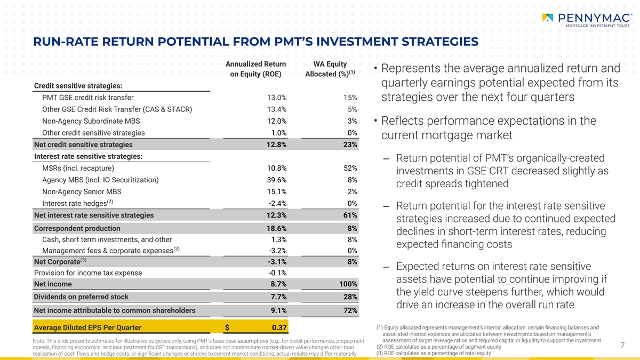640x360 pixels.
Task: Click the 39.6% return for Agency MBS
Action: point(277,180)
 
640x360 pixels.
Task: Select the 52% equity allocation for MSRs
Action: point(350,169)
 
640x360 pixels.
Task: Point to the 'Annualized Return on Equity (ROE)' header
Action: point(255,69)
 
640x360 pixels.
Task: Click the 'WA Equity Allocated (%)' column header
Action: point(330,69)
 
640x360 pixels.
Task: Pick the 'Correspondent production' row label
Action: point(77,228)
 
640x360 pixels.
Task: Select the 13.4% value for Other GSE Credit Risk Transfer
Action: point(277,109)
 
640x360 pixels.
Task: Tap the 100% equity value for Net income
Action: point(348,284)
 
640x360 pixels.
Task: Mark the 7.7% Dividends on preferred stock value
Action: point(278,297)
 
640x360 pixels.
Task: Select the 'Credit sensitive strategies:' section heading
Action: point(78,86)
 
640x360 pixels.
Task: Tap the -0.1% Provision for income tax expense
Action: point(277,273)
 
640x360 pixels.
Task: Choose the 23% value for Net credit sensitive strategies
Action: point(350,145)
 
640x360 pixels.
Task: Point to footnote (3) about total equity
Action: point(433,353)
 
